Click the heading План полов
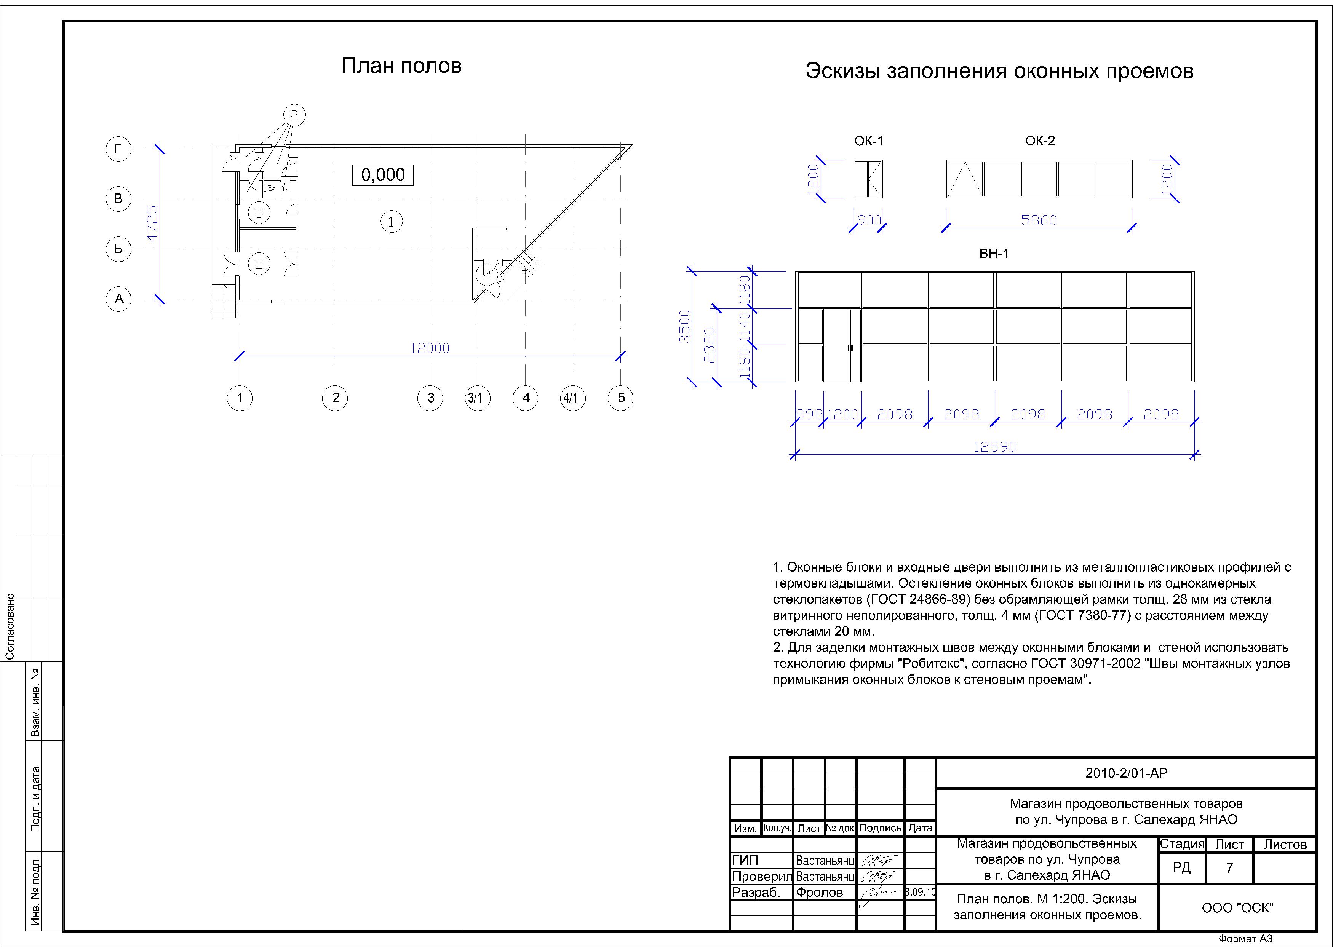[x=401, y=65]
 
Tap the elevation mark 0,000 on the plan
[x=383, y=175]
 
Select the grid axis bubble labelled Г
[x=118, y=150]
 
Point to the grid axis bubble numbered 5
[x=621, y=398]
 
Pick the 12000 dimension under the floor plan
[x=430, y=348]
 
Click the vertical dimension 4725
[x=152, y=224]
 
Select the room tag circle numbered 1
[x=391, y=222]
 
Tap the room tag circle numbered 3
[x=259, y=213]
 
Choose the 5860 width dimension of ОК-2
[x=1039, y=220]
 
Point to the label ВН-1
[x=994, y=254]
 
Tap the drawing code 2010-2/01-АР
[x=1126, y=773]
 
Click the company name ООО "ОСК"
[x=1237, y=908]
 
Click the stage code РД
[x=1182, y=867]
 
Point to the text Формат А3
[x=1245, y=939]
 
